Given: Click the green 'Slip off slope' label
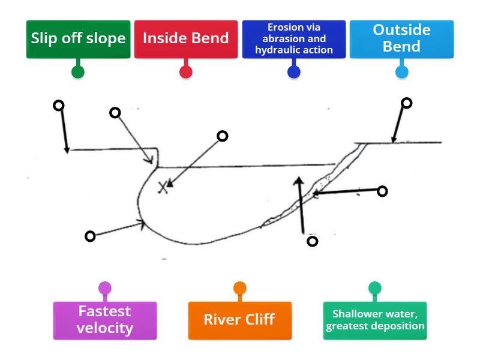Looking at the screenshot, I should [78, 39].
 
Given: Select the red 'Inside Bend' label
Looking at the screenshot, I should [186, 39].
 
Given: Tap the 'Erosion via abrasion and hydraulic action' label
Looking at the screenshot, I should [294, 39].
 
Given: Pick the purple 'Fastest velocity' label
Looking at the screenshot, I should [105, 320].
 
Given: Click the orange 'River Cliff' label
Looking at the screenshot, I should [239, 320].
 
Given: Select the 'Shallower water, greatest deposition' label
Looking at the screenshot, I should [375, 320].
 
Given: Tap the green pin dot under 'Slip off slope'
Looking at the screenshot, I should [78, 72].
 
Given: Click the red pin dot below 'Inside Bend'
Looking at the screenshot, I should [186, 72].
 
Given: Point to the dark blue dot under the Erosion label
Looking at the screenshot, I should [294, 72].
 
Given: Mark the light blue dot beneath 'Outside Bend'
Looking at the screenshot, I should [401, 72].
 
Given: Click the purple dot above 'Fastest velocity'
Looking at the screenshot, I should [105, 288].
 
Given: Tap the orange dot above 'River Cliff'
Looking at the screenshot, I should [239, 288].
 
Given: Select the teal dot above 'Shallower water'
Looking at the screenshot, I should [375, 288].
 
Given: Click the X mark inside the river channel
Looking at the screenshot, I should [163, 187].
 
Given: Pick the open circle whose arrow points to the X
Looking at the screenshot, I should [222, 136].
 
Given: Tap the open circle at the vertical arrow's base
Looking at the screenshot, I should [312, 241].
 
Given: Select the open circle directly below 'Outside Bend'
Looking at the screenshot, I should [406, 103].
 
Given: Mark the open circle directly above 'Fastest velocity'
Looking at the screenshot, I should [90, 236].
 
